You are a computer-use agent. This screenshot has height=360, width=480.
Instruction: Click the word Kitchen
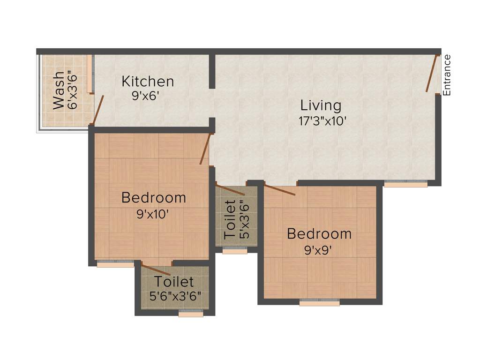[148, 82]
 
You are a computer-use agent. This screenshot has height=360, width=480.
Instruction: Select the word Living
[321, 105]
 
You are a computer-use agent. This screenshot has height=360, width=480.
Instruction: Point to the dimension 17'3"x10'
[322, 120]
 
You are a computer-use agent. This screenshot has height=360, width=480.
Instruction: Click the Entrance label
[447, 75]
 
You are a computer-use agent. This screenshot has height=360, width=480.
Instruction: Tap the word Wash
[58, 90]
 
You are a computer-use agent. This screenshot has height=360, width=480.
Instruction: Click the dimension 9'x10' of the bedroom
[152, 214]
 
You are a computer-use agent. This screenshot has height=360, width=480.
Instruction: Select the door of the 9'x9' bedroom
[279, 190]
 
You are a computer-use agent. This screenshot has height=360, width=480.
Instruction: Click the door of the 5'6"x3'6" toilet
[156, 270]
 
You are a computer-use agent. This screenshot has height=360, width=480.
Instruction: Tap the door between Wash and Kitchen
[98, 110]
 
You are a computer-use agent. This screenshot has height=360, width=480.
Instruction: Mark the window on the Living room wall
[405, 184]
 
